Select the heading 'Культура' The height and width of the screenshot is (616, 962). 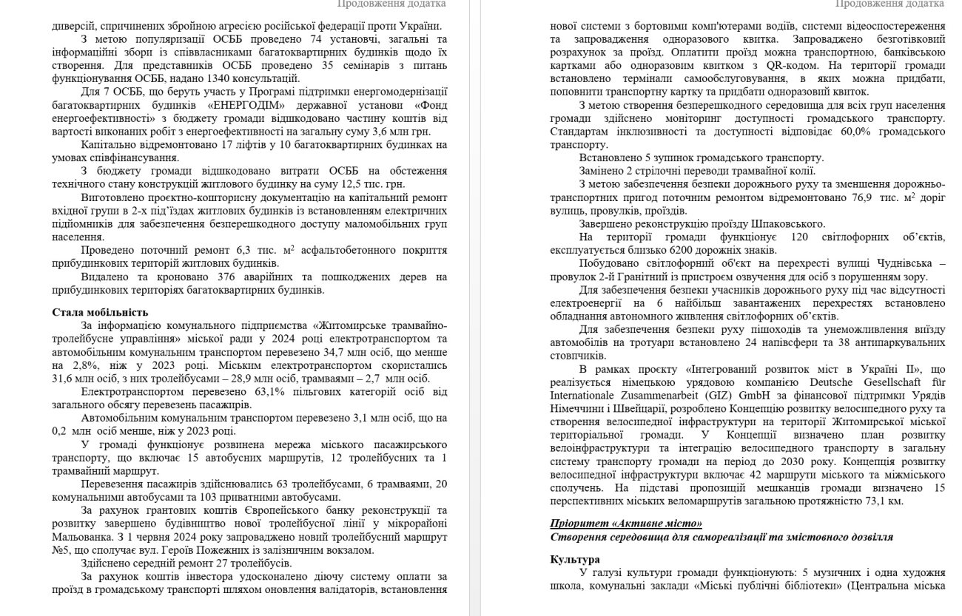click(x=575, y=559)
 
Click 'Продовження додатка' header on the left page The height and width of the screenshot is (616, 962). click(x=391, y=4)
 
